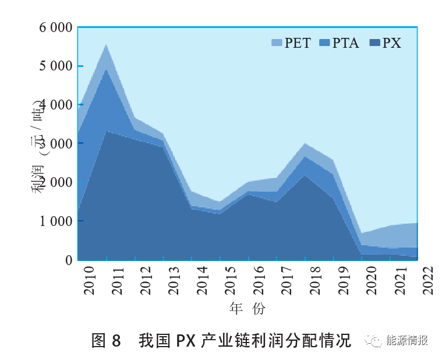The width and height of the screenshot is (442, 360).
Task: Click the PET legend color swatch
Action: coord(277,43)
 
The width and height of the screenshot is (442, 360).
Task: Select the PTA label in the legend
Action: coord(345,43)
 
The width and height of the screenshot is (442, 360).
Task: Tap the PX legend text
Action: coord(391,43)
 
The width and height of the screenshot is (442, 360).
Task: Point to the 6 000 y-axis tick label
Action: coord(55,27)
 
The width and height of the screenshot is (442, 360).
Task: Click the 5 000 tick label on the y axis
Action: coord(55,66)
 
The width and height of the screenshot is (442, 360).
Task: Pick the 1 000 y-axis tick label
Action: coord(55,221)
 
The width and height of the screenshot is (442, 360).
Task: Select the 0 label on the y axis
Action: coord(69,260)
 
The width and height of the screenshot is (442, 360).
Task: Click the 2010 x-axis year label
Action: coord(89,281)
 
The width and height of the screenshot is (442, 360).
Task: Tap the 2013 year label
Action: coord(174,281)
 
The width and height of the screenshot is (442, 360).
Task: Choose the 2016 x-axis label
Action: coord(259,281)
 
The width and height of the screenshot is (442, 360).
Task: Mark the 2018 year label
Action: coord(315,281)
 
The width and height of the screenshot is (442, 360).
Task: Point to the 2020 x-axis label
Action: coord(372,281)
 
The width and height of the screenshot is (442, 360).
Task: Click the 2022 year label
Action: coord(428,281)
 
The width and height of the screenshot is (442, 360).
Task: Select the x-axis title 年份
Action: coord(247,308)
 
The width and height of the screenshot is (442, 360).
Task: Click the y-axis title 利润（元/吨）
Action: coord(38,147)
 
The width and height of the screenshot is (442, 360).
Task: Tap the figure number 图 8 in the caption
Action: coord(106,340)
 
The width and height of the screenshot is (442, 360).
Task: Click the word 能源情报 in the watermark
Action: coord(406,340)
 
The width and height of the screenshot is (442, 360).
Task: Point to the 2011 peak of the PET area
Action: coord(106,44)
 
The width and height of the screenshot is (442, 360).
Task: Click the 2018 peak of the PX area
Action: coord(305,175)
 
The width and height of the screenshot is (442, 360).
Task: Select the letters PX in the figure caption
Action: coord(186,341)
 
